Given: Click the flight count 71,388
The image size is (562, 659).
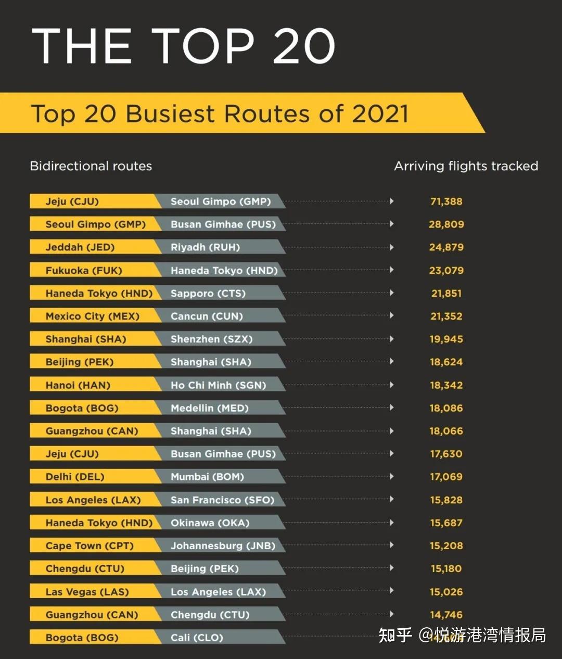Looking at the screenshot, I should tap(446, 201).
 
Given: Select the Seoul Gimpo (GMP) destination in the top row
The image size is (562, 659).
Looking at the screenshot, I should tap(221, 201).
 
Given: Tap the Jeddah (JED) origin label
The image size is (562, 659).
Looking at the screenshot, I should tap(80, 247).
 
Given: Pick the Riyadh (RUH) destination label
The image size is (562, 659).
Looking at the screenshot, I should tap(205, 247).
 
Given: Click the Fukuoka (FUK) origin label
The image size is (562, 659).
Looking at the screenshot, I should tap(83, 270).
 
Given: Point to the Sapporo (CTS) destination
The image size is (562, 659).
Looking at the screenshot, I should tap(208, 293).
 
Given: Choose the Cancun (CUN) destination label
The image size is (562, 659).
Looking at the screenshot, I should tap(207, 316).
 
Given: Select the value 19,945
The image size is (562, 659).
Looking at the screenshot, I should tap(446, 339).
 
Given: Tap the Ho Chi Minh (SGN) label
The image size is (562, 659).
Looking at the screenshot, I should tap(218, 385).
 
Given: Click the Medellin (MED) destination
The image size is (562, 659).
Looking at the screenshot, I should tap(209, 408).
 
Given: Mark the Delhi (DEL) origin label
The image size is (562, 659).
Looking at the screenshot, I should tap(74, 477).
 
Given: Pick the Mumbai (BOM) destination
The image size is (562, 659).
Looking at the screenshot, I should tap(207, 477).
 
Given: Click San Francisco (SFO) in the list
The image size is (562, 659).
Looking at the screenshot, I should tap(222, 500).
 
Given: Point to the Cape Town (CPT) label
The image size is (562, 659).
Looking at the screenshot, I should tap(90, 546).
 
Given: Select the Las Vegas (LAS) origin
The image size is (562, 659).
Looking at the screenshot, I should tap(87, 592).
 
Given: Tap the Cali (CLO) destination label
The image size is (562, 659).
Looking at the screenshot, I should tap(197, 638).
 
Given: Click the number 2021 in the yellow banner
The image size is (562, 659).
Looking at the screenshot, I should tap(380, 113).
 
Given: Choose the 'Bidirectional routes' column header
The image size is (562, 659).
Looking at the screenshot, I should tap(91, 166).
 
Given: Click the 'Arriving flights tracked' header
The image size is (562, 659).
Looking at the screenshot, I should tap(466, 166).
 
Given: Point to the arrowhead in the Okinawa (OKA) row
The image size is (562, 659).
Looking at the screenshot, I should tap(391, 522).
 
